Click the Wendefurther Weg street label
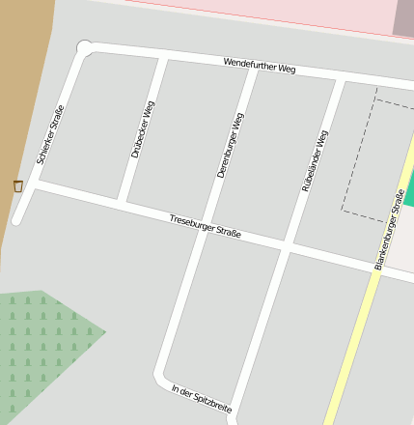point(259,66)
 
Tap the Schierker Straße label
point(50,133)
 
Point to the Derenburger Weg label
point(230,145)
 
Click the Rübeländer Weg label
point(316,160)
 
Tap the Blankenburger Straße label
point(389,229)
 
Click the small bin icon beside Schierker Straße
point(17,185)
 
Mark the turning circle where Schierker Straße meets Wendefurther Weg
point(84,46)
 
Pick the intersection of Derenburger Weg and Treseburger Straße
point(207,229)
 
